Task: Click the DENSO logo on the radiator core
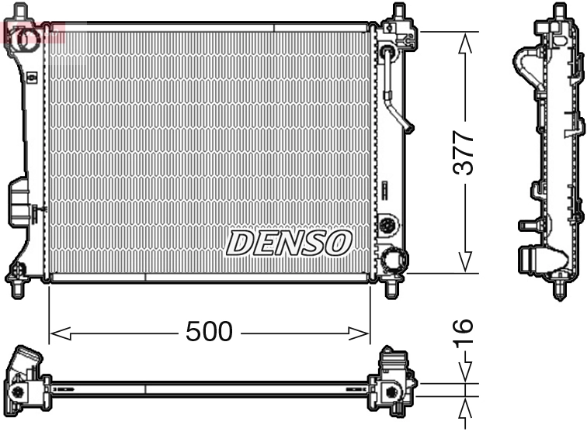pyautogui.click(x=288, y=243)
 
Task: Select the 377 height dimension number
pyautogui.click(x=464, y=153)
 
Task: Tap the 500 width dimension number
pyautogui.click(x=209, y=332)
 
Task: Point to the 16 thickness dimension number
pyautogui.click(x=464, y=333)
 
